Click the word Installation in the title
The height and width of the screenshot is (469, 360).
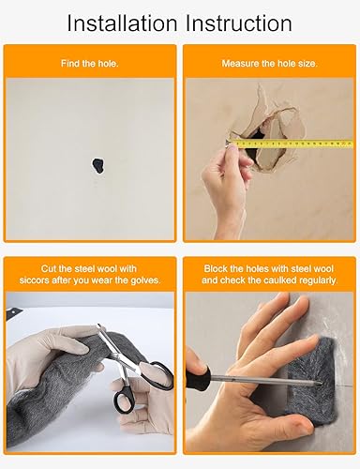point(122,23)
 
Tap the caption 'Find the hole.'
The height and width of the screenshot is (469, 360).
point(90,64)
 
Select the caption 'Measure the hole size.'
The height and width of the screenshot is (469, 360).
point(269,64)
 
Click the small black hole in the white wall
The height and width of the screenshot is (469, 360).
point(97,165)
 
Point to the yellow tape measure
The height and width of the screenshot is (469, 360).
point(291,144)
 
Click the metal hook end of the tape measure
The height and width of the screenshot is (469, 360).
point(228,144)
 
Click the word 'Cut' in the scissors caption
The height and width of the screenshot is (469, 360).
point(49,268)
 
